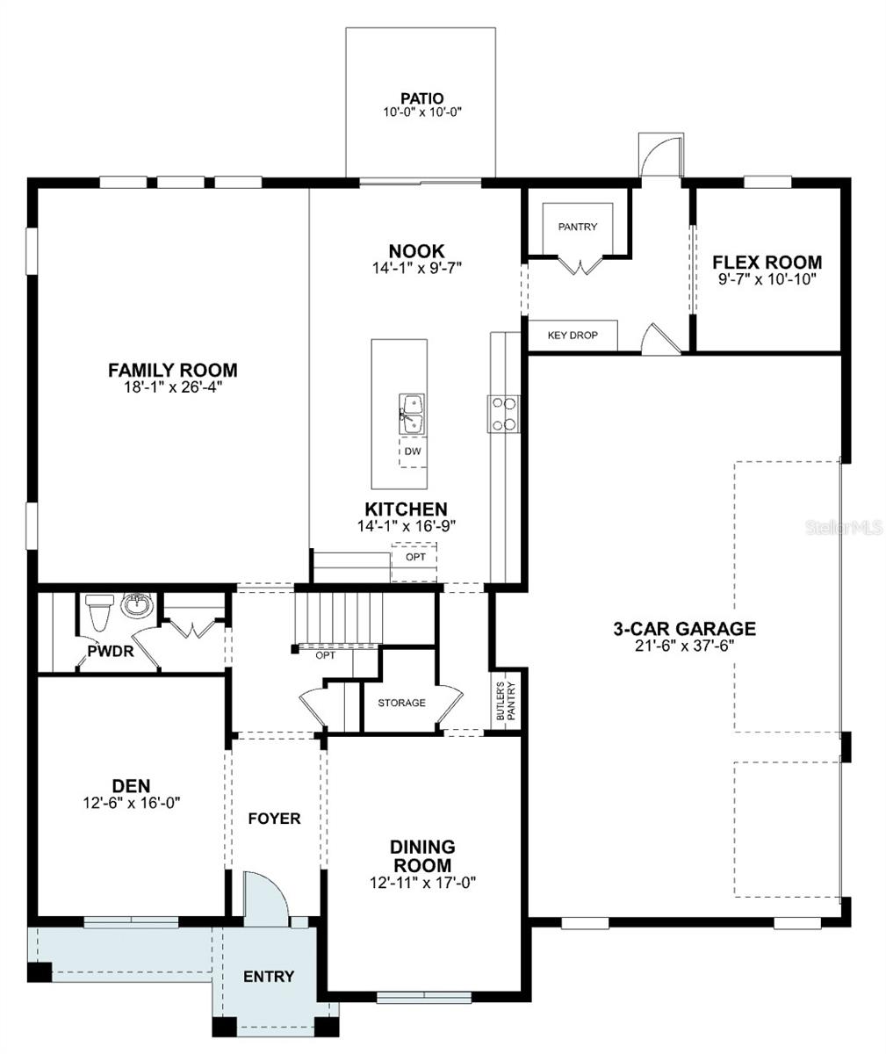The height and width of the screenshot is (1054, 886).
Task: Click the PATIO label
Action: [x=421, y=98]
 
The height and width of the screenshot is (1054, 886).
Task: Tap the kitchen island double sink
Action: [x=412, y=414]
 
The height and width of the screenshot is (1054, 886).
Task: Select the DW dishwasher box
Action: [x=413, y=451]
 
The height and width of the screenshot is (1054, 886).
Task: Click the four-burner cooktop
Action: [x=504, y=413]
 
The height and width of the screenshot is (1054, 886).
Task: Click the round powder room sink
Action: [x=136, y=605]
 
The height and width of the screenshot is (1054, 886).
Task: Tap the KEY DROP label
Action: [x=572, y=336]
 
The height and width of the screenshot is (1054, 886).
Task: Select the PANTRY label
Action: [x=577, y=227]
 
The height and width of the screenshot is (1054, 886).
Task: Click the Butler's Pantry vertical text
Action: [x=505, y=703]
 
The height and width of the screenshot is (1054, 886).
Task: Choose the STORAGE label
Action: [x=401, y=703]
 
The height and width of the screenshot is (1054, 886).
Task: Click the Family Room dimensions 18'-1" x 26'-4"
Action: [x=172, y=386]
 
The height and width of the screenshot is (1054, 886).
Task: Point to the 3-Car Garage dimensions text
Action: [x=684, y=645]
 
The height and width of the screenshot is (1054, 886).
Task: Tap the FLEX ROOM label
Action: [x=767, y=262]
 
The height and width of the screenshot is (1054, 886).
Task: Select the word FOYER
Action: [x=274, y=819]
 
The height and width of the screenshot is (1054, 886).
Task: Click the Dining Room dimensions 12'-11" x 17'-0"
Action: [x=422, y=883]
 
